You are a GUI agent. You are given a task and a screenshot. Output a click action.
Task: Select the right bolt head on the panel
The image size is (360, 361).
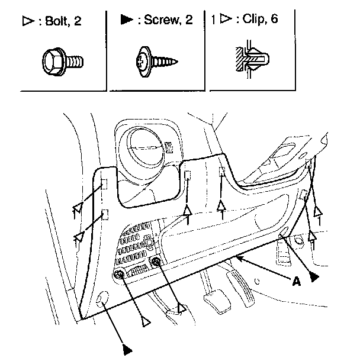pyautogui.click(x=156, y=262)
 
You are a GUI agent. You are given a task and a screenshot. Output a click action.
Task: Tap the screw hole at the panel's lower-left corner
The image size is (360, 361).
pyautogui.click(x=103, y=299)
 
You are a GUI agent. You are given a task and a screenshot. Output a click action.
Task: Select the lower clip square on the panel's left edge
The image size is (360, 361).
pyautogui.click(x=105, y=214)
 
